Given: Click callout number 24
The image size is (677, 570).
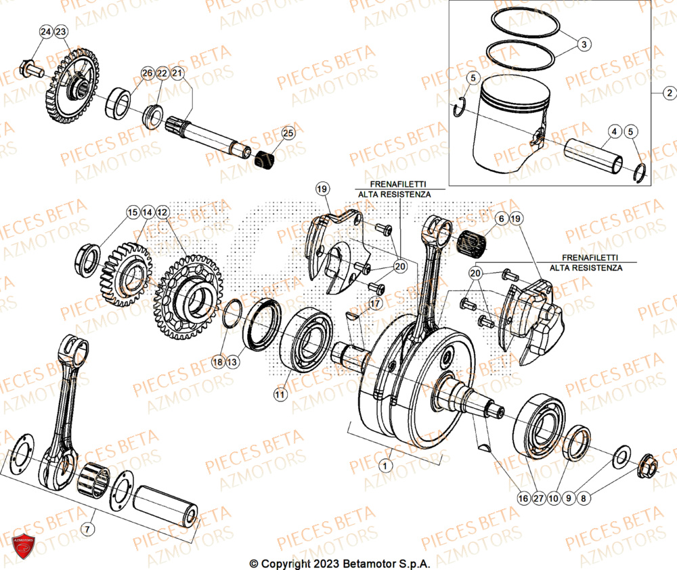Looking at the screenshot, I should [x=45, y=32].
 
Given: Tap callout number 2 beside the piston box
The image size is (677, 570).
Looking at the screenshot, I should [x=668, y=93].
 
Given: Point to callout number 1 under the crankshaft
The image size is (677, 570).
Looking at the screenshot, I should [x=385, y=465].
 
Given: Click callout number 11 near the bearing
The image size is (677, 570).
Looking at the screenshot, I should [x=279, y=393].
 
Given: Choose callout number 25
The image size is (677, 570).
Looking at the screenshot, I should [x=288, y=133].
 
